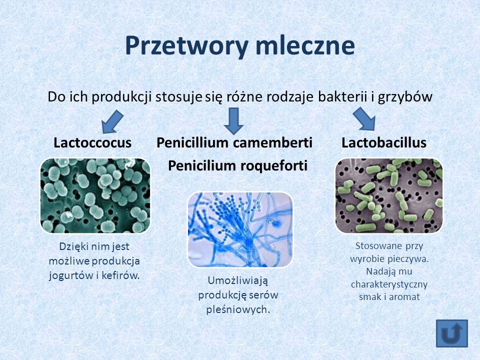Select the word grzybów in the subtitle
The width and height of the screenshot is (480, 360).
pos(405,97)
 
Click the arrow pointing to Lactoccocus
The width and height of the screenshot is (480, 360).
pos(112,122)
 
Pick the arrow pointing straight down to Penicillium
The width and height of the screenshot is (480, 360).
pos(234,121)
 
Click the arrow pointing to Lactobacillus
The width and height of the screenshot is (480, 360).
pos(364,119)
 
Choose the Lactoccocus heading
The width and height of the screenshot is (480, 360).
pos(92,142)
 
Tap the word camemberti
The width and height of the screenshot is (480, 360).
pos(272,142)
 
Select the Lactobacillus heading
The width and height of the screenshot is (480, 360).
pos(384,142)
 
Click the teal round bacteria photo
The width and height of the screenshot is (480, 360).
pos(95,195)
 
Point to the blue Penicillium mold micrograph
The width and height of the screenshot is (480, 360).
pos(240,229)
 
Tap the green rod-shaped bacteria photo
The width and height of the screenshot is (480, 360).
pos(389,195)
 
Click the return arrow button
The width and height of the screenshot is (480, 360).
pos(452,333)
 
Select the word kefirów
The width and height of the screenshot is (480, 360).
pos(120,275)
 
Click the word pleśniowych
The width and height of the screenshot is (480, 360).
pos(238,309)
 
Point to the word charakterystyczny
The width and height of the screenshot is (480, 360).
pos(389,284)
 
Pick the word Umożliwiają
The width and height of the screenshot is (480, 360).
pos(238,280)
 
